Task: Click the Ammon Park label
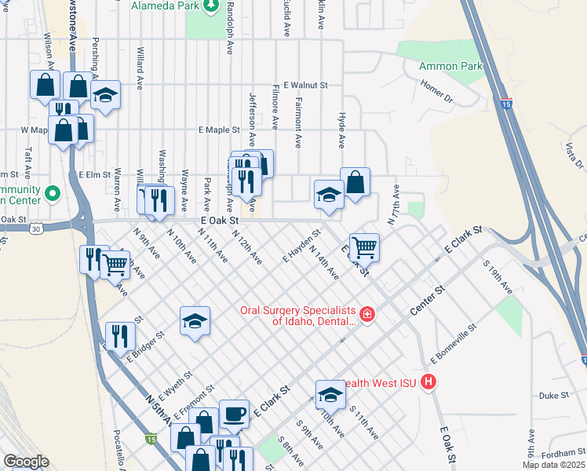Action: (450, 67)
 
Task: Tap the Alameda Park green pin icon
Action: (210, 6)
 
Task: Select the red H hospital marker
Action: (428, 382)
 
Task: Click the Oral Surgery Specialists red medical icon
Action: (367, 316)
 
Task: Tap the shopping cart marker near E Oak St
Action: (364, 247)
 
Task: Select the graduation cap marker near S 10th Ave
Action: (330, 395)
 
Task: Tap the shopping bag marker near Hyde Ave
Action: (355, 182)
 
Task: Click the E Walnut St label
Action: (305, 85)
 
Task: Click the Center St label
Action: (428, 301)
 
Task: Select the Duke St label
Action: (553, 396)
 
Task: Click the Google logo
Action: (26, 462)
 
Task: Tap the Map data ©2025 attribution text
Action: (553, 465)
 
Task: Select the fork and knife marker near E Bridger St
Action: (119, 336)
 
